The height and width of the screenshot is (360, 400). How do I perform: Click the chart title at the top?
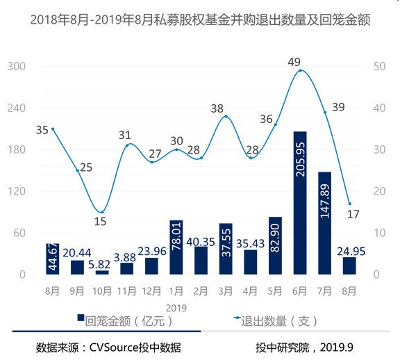[200, 20]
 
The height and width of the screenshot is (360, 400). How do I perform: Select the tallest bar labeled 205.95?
[300, 202]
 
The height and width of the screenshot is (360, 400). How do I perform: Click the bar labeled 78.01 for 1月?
[176, 247]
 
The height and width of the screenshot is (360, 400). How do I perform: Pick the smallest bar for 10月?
[101, 272]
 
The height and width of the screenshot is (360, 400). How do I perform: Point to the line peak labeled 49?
[300, 70]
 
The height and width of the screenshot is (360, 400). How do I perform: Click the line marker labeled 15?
[102, 212]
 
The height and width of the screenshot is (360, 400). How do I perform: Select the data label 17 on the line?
[353, 214]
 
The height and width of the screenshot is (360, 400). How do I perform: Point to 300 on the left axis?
[17, 67]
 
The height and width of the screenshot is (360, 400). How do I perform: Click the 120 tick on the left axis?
[17, 191]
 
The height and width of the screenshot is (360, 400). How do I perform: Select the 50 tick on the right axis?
[375, 67]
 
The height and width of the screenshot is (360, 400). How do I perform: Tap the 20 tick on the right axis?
[375, 191]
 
